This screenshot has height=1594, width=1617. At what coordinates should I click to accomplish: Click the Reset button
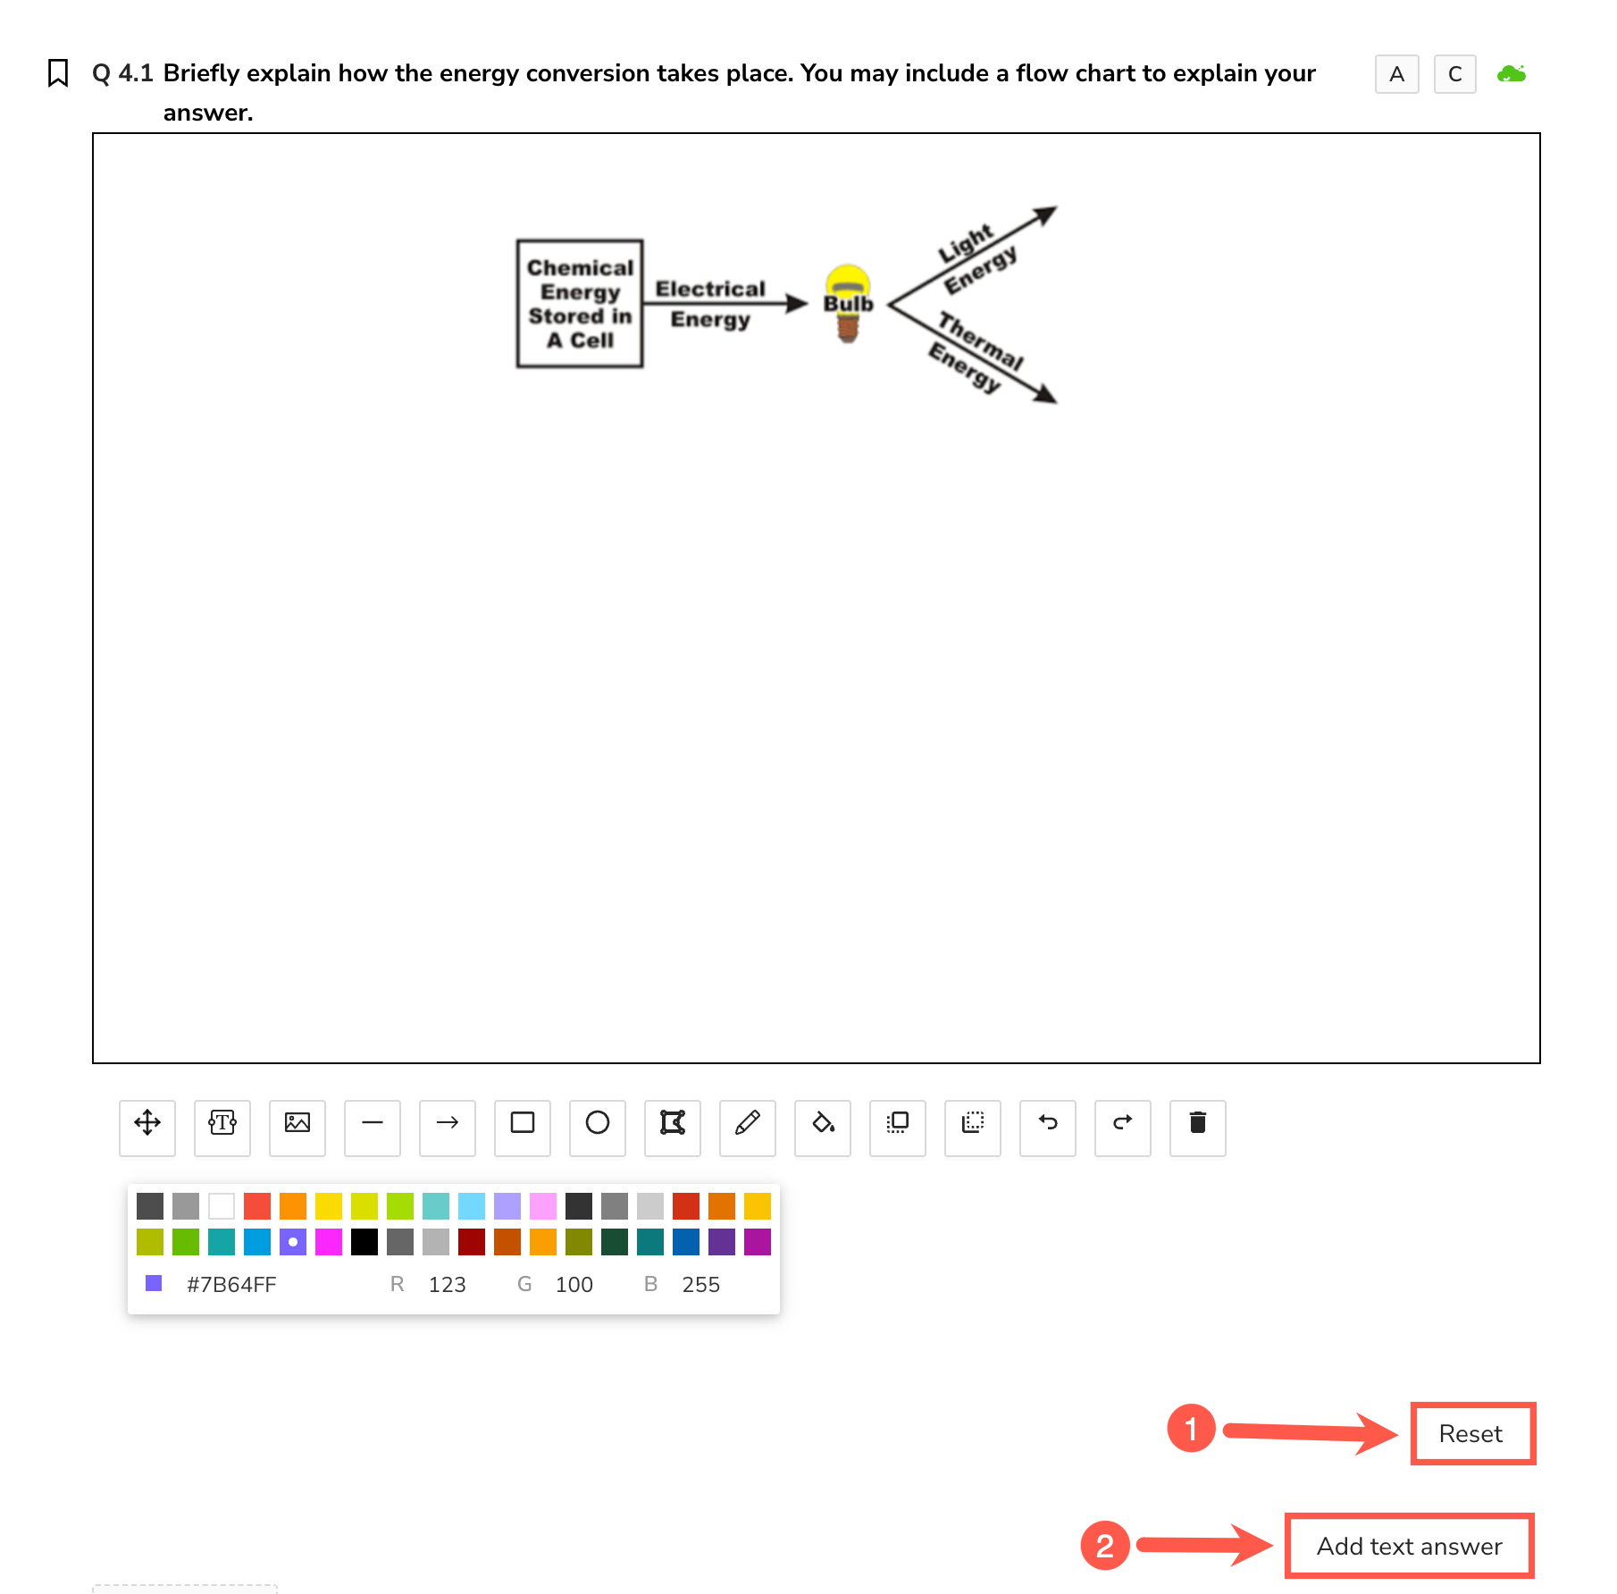click(x=1471, y=1433)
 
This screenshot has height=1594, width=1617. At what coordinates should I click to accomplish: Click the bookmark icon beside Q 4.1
click(x=58, y=73)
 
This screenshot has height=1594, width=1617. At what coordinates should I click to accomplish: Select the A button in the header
click(x=1397, y=74)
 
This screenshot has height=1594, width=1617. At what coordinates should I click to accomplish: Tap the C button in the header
click(x=1455, y=74)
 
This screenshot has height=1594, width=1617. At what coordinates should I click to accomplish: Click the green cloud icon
click(x=1512, y=73)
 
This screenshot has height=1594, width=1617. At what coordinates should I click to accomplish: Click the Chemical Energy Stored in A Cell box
click(x=580, y=304)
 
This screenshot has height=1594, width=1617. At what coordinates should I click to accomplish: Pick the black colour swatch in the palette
click(x=364, y=1242)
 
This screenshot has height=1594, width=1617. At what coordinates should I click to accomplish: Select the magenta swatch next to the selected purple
click(x=329, y=1242)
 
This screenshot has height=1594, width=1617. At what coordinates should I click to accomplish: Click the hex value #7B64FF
click(x=231, y=1285)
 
